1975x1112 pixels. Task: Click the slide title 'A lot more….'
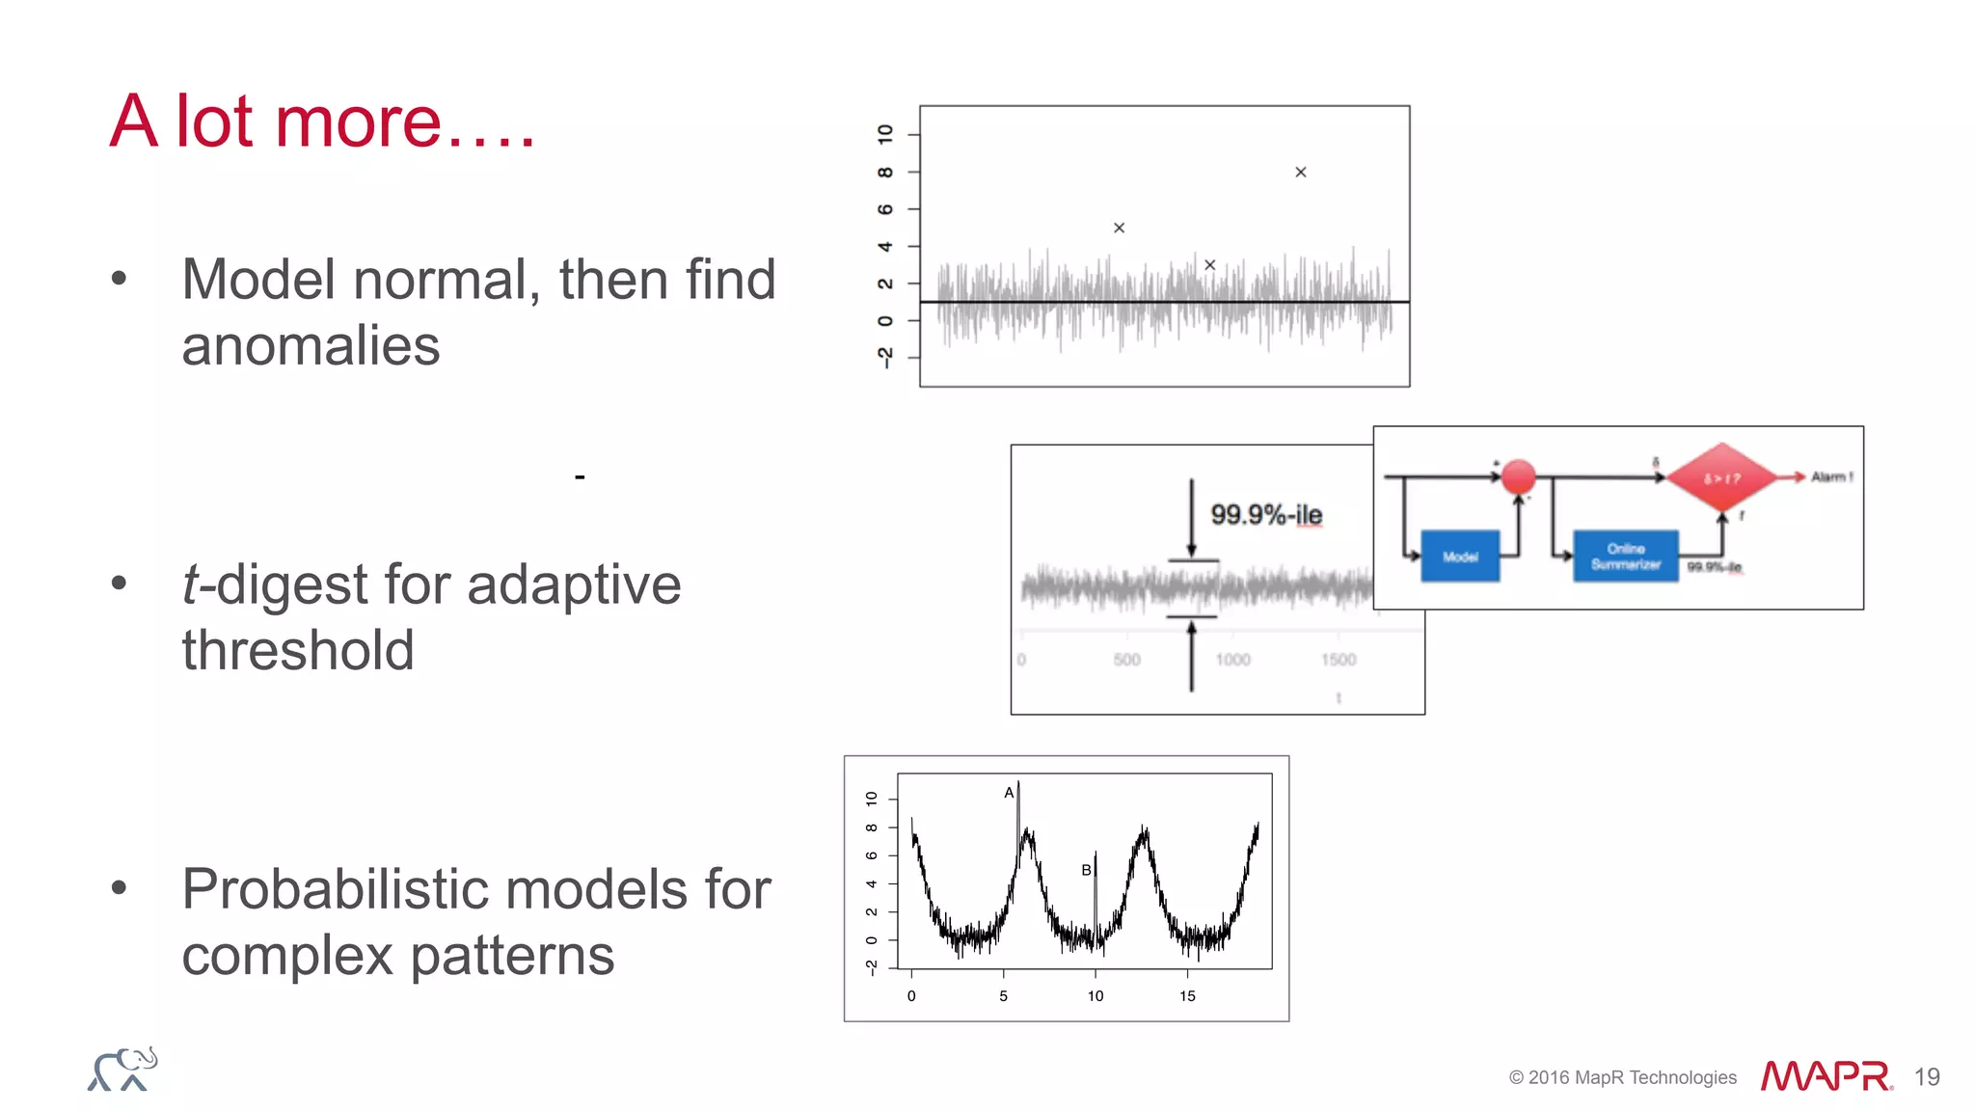click(321, 122)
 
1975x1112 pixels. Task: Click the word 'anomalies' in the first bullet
click(311, 346)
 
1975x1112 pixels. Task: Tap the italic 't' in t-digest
click(192, 584)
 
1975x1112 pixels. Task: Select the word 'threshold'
click(298, 651)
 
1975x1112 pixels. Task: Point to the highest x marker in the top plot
click(1300, 173)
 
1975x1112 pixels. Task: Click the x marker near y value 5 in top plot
click(1119, 229)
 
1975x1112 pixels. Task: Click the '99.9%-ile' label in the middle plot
click(1266, 515)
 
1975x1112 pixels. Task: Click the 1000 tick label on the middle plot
click(1232, 660)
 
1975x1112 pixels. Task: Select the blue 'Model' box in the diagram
click(1460, 556)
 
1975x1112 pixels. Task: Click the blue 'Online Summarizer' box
click(1626, 556)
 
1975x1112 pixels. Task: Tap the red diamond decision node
click(1721, 477)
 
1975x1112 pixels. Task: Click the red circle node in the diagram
click(1519, 476)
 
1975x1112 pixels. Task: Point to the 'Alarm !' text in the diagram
click(1831, 476)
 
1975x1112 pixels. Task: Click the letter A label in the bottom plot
click(1009, 793)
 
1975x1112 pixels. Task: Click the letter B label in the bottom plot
click(1086, 870)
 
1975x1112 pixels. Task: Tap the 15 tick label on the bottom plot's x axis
click(1187, 996)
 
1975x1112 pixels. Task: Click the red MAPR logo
click(1826, 1076)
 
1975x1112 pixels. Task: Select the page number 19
click(1927, 1077)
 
